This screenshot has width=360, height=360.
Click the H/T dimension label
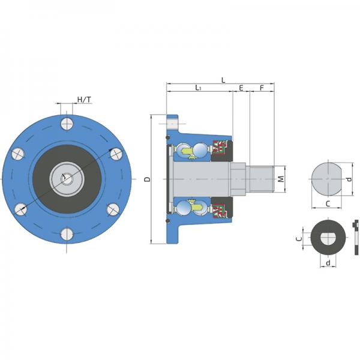tap(84, 100)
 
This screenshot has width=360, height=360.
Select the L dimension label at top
tap(223, 80)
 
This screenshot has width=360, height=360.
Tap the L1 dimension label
tap(198, 88)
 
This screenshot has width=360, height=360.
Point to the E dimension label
tap(241, 88)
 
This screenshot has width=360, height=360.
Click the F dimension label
tap(262, 88)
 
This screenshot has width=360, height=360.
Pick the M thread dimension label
tap(281, 179)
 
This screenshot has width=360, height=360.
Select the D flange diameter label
tap(148, 179)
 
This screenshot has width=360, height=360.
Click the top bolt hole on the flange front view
tap(67, 124)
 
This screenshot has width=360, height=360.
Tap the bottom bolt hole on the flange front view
tap(67, 234)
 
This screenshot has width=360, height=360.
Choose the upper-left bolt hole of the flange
tap(18, 154)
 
